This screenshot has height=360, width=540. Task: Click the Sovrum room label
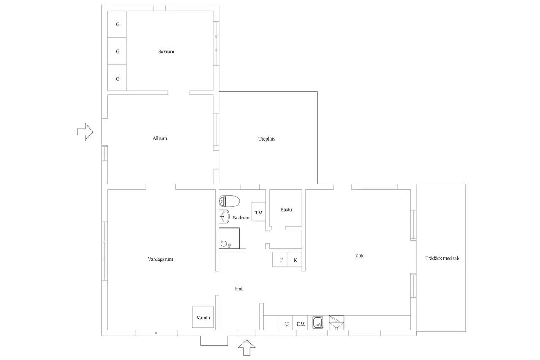166,51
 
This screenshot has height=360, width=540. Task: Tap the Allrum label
159,138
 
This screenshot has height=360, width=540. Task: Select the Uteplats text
267,139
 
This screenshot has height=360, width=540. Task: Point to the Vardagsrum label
160,259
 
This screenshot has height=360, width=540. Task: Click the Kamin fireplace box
203,317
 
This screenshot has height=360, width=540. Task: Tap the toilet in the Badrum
229,201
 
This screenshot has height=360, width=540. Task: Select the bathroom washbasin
224,216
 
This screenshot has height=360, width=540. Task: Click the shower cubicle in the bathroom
229,238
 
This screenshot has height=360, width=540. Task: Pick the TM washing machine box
259,211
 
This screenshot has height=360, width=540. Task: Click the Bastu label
286,210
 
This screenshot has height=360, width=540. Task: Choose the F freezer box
280,260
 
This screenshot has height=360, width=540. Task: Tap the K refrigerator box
294,260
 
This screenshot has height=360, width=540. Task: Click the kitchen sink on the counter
318,322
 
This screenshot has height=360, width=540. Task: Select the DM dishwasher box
300,323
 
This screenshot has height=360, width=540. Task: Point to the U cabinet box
286,323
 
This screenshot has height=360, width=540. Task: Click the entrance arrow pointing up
247,348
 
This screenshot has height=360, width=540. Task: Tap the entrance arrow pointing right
85,132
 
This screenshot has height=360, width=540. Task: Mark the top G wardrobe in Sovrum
117,24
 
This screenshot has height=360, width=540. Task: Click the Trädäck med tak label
442,258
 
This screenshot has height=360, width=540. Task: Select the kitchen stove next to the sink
337,322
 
